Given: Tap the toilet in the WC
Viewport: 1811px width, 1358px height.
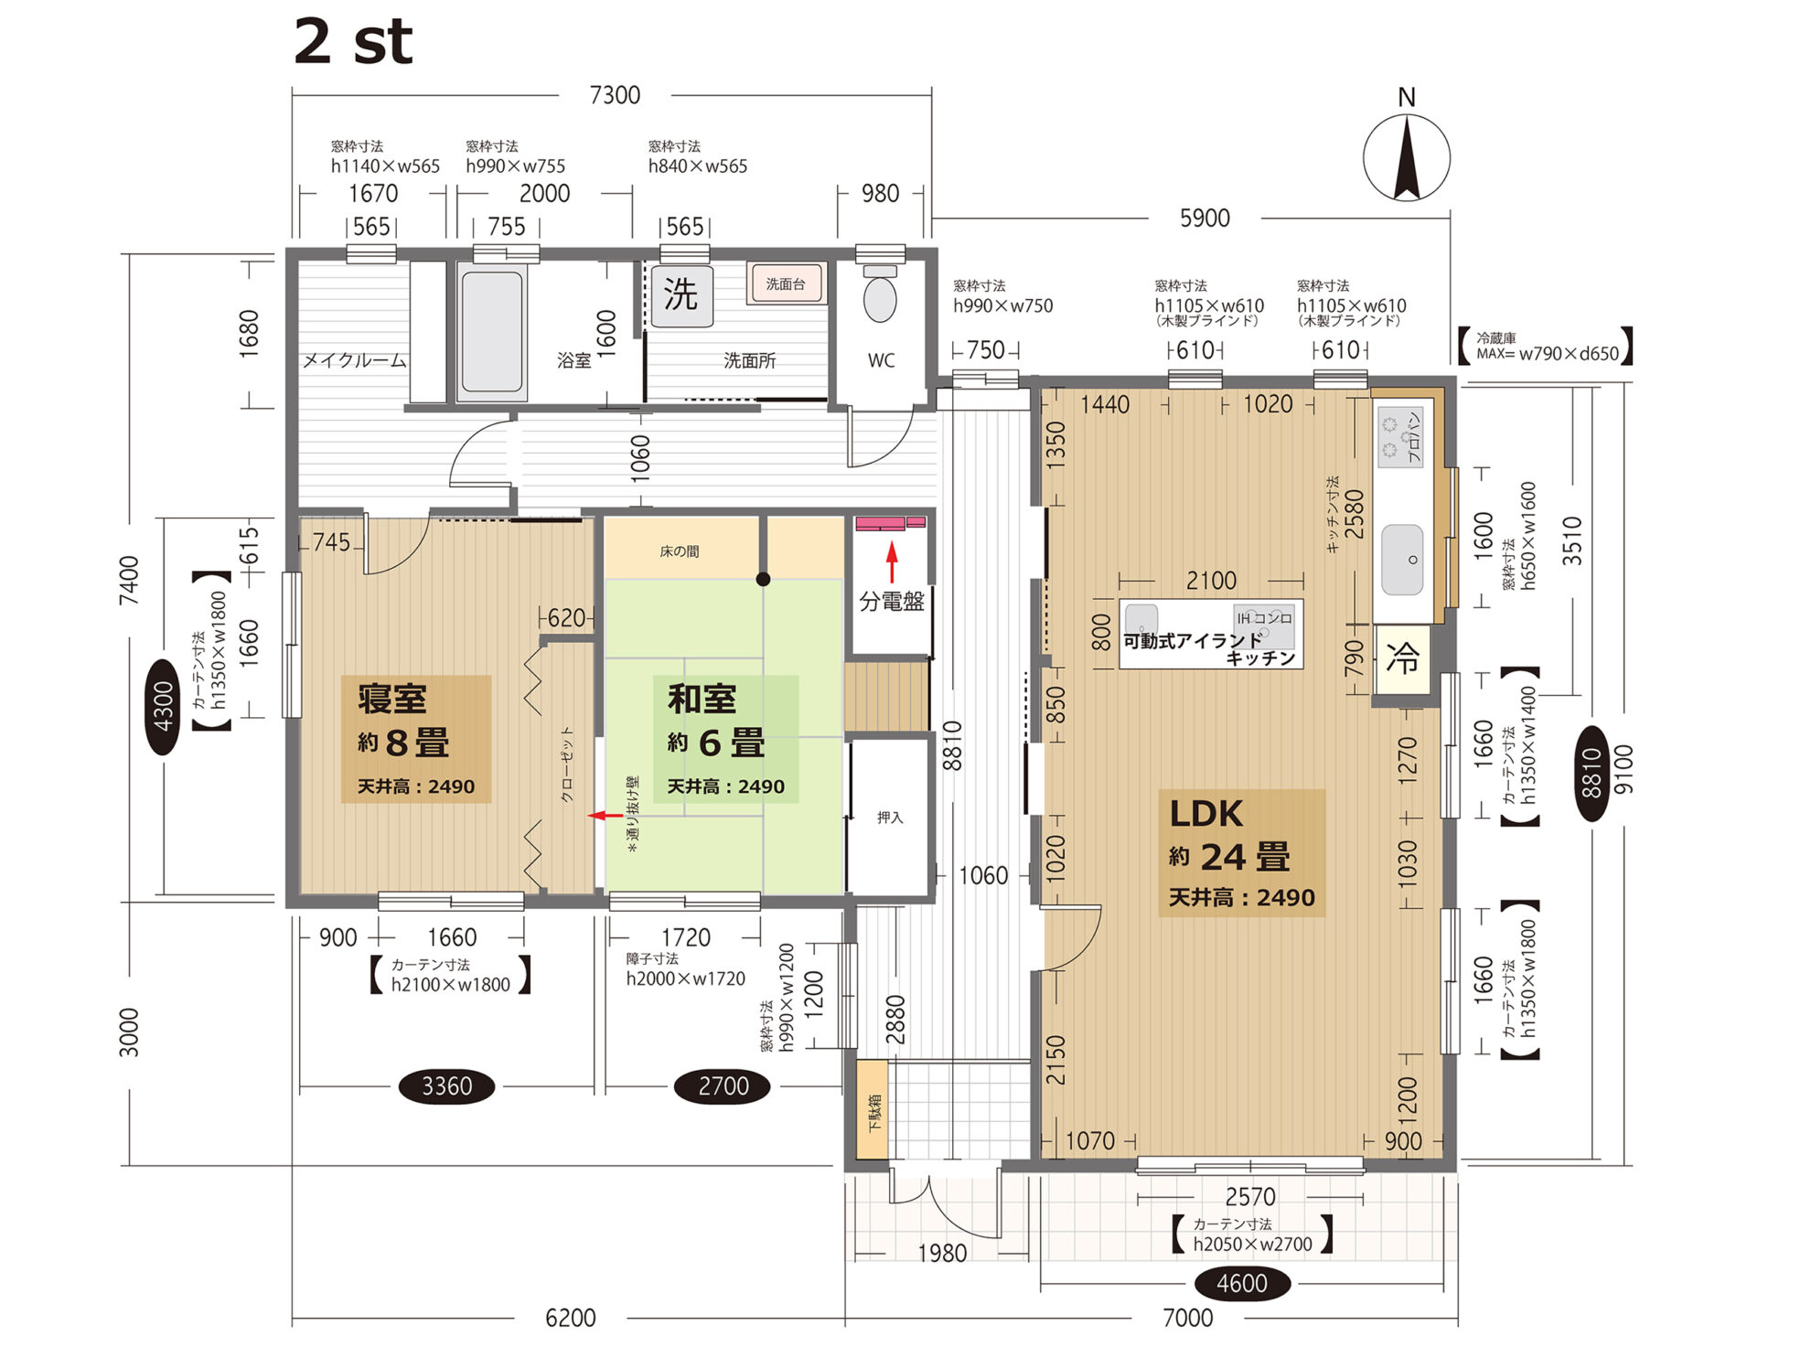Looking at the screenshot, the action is point(880,294).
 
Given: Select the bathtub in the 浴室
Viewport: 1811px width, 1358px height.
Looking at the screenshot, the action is point(492,332).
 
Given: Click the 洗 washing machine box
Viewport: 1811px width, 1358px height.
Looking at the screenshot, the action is point(681,294).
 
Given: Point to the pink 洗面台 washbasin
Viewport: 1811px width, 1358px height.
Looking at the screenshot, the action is point(786,283).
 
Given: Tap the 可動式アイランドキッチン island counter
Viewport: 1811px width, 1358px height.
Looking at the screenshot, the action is point(1211,634).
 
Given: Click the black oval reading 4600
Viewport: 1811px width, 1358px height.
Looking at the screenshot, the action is point(1241,1283).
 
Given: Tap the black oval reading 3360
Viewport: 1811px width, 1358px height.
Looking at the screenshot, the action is point(446,1086).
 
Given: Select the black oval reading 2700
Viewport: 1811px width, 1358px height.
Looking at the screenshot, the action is point(723,1086).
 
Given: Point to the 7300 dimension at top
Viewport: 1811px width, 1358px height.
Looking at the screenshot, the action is point(615,95).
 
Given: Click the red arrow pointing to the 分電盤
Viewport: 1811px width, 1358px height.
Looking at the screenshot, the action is point(892,562).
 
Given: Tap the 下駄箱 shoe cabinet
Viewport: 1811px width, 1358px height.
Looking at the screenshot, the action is point(873,1109).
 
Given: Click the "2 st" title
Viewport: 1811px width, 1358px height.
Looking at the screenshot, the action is point(353,41).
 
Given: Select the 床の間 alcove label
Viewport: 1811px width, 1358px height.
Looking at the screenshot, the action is point(680,551).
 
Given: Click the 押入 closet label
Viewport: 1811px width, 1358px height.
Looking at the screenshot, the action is point(890,818).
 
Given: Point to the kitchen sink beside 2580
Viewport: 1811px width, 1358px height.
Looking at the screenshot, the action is point(1402,559).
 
